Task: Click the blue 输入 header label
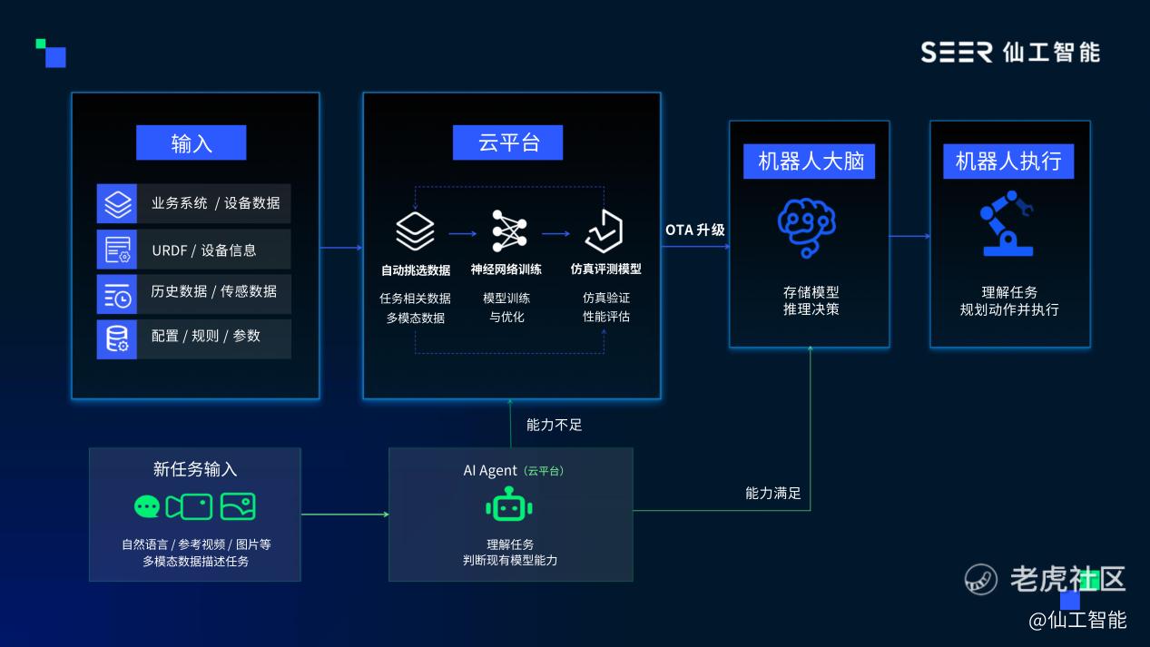pos(191,142)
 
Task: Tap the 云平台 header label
pos(507,142)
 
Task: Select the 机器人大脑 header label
pos(809,162)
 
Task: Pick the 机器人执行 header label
pos(1008,162)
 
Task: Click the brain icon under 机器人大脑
pos(807,227)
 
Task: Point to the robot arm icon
pos(1007,223)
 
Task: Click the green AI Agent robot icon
pos(509,505)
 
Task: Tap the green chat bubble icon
pos(147,507)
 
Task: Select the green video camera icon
pos(189,507)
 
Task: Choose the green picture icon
pos(238,506)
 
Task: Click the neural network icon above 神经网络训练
pos(509,230)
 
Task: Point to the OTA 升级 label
pos(694,230)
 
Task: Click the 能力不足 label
pos(554,425)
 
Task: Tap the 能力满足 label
pos(772,493)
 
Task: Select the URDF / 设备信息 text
pos(204,250)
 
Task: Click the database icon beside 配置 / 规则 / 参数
pos(117,339)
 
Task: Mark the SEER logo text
pos(957,53)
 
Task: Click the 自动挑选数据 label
pos(416,270)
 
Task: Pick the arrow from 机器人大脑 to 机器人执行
pos(909,236)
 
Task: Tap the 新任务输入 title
pos(194,469)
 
